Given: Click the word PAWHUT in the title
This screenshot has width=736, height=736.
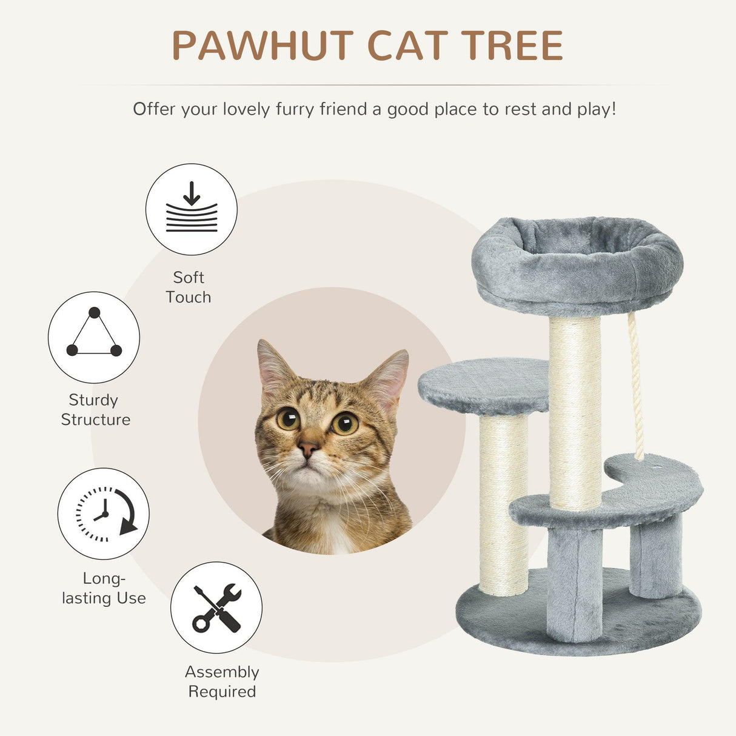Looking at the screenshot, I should coord(263,45).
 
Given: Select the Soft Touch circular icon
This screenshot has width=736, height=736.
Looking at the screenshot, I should coord(192,210).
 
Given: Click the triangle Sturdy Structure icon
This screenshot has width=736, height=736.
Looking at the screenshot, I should coord(94,337).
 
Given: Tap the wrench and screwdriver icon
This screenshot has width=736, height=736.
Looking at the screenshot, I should coord(216,607).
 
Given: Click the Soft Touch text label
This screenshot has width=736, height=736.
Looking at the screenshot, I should coord(189,287).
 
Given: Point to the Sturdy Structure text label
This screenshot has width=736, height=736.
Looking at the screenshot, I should coord(95,410).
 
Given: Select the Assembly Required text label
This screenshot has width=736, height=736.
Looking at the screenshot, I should coord(222,681).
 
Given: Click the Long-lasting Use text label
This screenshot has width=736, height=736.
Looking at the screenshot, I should coord(104,588).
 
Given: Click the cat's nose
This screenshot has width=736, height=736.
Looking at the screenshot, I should coord(308,449).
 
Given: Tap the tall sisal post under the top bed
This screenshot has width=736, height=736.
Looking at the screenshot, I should coord(574,412).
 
